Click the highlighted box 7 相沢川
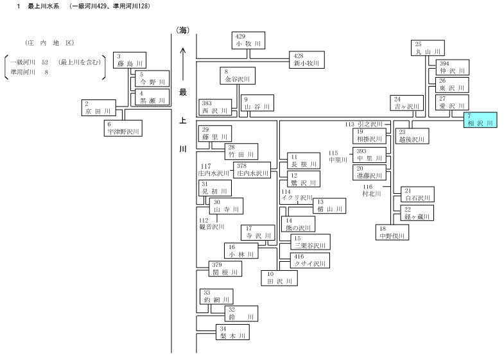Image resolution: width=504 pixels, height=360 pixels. pyautogui.click(x=480, y=120)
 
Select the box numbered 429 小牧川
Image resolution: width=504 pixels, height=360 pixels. pyautogui.click(x=248, y=40)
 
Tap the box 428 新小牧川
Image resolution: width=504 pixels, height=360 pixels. pyautogui.click(x=307, y=60)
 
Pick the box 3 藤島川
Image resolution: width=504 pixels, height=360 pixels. pyautogui.click(x=130, y=60)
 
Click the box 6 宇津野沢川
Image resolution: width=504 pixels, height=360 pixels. pyautogui.click(x=123, y=128)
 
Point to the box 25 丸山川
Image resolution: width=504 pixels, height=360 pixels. pyautogui.click(x=428, y=48)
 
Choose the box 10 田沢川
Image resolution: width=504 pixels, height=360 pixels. pyautogui.click(x=279, y=278)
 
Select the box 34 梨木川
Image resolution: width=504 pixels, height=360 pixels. pyautogui.click(x=232, y=332)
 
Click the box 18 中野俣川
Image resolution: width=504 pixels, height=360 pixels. pyautogui.click(x=392, y=232)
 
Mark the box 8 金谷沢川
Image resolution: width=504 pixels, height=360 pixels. pyautogui.click(x=238, y=76)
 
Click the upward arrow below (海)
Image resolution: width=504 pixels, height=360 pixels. pyautogui.click(x=183, y=64)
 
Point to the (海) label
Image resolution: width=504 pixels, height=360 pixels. pyautogui.click(x=183, y=31)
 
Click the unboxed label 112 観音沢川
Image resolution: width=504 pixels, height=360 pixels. pyautogui.click(x=211, y=223)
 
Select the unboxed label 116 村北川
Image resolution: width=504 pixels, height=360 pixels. pyautogui.click(x=372, y=190)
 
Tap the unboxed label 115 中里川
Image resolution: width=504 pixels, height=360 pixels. pyautogui.click(x=338, y=157)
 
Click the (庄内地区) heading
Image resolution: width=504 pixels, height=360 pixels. pyautogui.click(x=49, y=43)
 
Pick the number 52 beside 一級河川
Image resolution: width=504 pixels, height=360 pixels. pyautogui.click(x=45, y=62)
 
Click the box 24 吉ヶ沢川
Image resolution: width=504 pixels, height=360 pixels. pyautogui.click(x=406, y=103)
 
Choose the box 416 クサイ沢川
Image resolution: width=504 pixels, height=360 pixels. pyautogui.click(x=311, y=261)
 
